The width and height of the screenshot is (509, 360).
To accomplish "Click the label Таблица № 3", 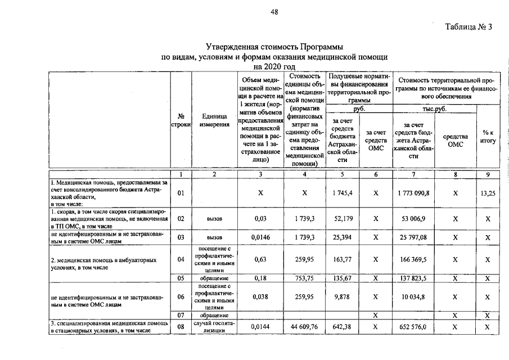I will coord(469,28).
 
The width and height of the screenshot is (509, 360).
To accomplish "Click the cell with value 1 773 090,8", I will coord(413,193).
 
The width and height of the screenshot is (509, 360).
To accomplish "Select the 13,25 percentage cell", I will coord(488,193).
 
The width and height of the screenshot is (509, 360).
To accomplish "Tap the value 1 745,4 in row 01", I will coord(342,193).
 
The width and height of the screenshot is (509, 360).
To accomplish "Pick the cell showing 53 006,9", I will coord(413,218).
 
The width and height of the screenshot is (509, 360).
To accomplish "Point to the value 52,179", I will coord(342,218).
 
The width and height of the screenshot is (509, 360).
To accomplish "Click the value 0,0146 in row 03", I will coord(260,237).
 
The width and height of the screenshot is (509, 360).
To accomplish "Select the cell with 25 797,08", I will coord(413,237).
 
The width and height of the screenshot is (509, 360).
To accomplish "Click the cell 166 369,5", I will coord(413,260).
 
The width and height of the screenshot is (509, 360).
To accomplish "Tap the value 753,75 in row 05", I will coord(304,278).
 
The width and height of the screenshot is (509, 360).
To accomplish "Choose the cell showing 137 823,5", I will coord(413,278).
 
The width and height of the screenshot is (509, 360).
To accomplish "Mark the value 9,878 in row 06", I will coord(342,296).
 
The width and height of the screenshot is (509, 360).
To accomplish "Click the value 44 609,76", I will coord(304,327).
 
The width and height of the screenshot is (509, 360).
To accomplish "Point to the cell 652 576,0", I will coord(413,327).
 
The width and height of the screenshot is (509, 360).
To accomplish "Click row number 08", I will coord(181,327).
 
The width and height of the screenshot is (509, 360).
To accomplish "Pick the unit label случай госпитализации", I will coord(214,327).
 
